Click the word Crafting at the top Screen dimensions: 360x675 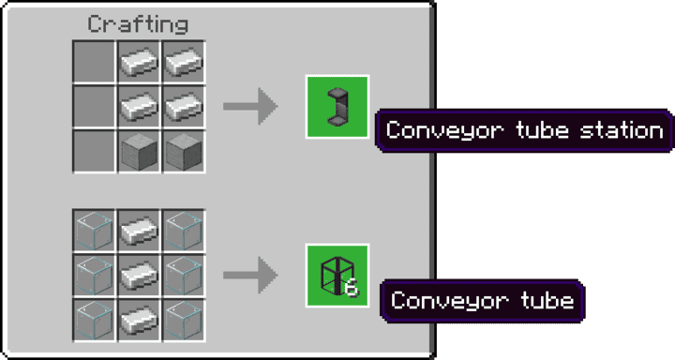click(138, 24)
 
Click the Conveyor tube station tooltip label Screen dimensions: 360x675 click(524, 130)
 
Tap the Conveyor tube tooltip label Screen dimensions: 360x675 click(482, 301)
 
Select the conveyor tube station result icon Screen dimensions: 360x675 click(337, 106)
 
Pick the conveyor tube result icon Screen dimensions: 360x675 click(337, 276)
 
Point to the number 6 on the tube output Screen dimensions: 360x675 click(352, 289)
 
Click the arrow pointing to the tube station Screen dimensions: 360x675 click(250, 106)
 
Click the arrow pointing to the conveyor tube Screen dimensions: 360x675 click(250, 276)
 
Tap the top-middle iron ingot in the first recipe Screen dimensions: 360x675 click(138, 63)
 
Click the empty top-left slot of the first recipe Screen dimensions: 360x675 click(95, 63)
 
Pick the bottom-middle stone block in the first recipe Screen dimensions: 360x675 click(138, 150)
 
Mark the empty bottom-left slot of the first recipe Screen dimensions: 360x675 click(95, 150)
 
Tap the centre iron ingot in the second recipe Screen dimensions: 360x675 click(138, 276)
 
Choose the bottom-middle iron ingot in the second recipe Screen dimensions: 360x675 click(138, 319)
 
